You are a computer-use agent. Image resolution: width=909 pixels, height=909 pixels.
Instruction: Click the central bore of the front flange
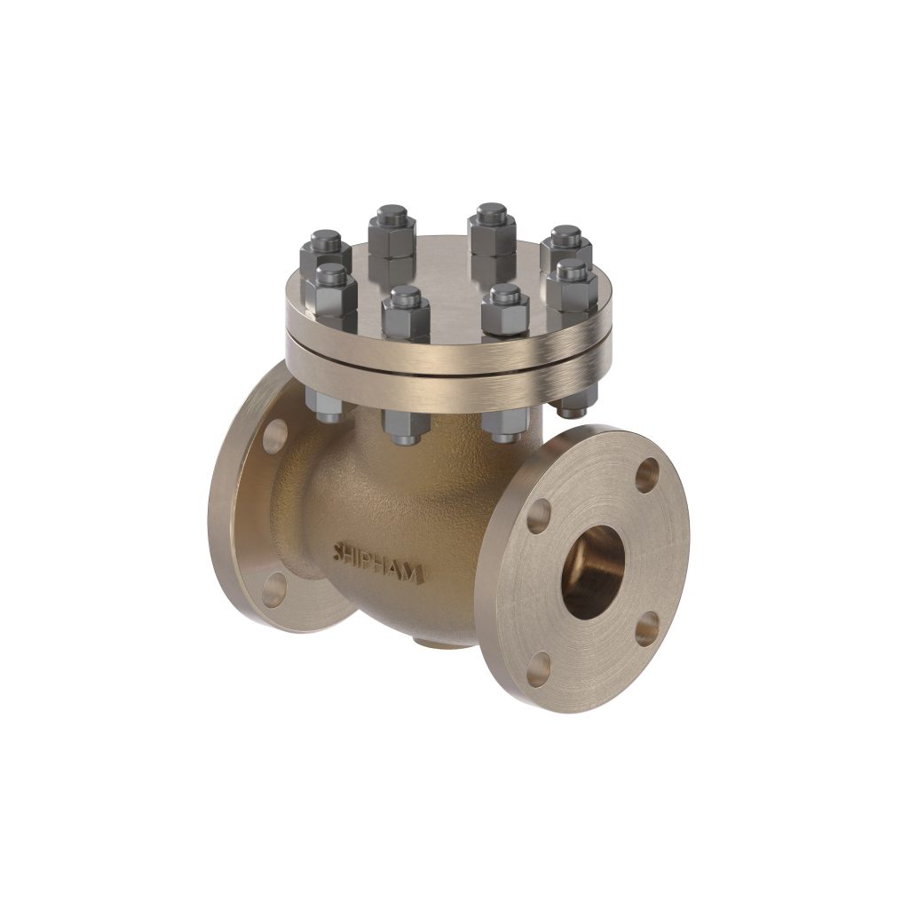(594, 572)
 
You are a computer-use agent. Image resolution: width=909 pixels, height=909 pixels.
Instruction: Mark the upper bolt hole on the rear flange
(276, 433)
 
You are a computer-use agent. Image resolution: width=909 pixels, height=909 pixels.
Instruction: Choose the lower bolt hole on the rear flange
(274, 589)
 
